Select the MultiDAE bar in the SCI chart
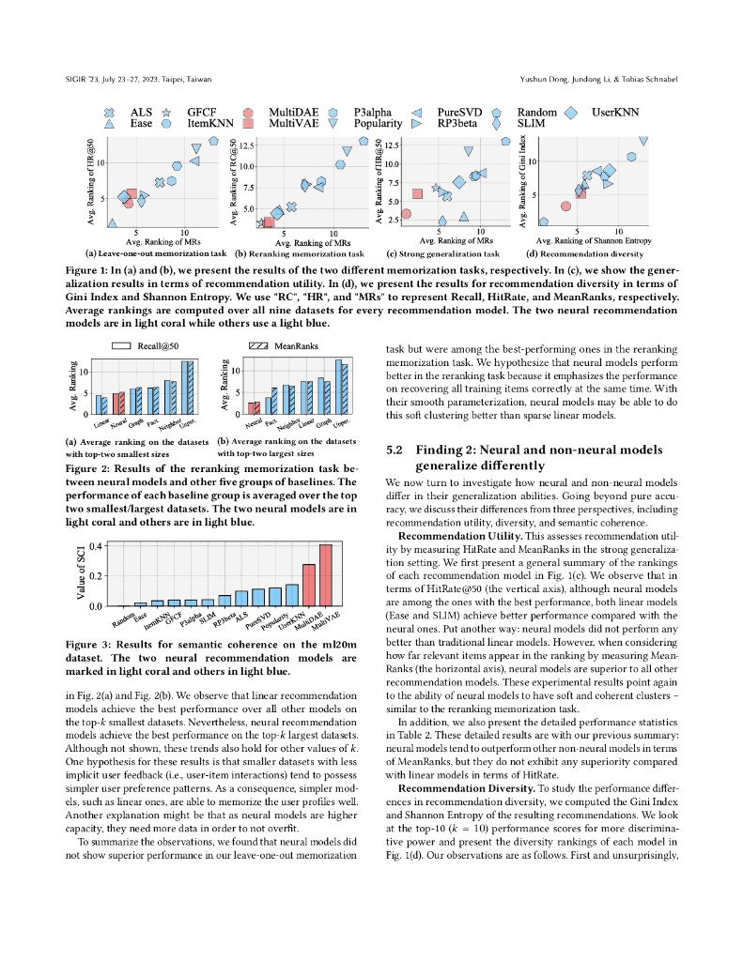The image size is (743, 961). [308, 585]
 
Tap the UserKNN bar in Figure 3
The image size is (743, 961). [291, 595]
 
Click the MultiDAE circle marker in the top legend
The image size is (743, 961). [250, 112]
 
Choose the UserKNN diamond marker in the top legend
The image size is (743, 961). [570, 112]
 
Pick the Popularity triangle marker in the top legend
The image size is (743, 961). [333, 123]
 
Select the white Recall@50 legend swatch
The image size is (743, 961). [119, 346]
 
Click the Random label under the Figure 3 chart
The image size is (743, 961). [124, 619]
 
